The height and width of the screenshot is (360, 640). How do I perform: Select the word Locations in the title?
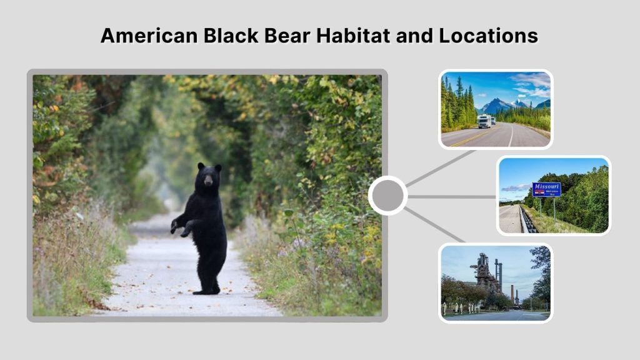click(488, 36)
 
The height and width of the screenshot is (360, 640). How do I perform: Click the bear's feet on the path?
click(206, 290)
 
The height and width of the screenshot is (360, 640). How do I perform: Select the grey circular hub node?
click(387, 196)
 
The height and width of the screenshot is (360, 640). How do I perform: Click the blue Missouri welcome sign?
click(546, 189)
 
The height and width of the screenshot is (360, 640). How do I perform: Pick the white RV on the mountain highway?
click(484, 121)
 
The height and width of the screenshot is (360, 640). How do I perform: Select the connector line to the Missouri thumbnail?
click(451, 196)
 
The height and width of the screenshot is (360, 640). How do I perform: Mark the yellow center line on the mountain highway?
click(466, 139)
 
